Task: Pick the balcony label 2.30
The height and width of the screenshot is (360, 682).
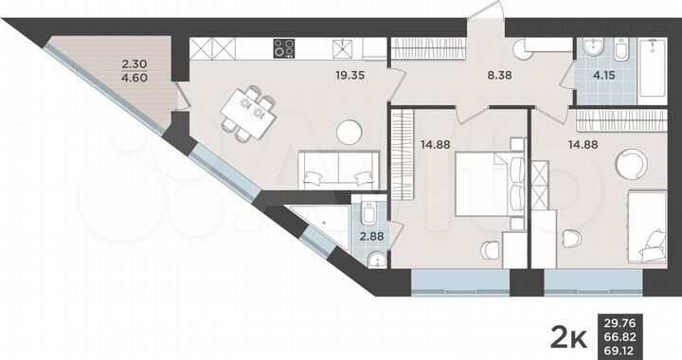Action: coord(135,66)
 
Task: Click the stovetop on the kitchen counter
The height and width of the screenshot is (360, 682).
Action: coord(284,46)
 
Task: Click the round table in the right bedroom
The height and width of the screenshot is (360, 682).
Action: coord(630,164)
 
